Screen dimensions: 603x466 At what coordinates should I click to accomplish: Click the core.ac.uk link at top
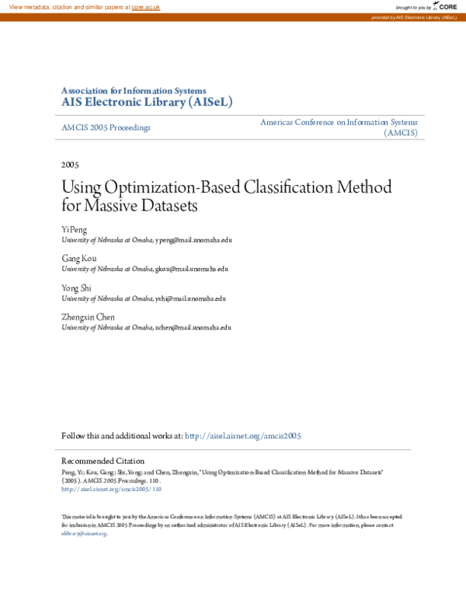click(145, 7)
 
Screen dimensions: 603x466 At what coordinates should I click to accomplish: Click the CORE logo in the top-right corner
click(445, 6)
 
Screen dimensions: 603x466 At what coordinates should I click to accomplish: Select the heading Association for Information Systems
click(134, 90)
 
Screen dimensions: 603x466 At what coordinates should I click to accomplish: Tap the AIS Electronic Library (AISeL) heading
click(146, 102)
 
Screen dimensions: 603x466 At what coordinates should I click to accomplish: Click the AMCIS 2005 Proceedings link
click(106, 127)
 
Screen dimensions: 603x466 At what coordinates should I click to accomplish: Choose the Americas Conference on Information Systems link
click(339, 123)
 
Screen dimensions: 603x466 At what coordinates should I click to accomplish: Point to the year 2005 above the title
click(70, 165)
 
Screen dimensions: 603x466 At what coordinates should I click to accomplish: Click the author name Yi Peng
click(75, 231)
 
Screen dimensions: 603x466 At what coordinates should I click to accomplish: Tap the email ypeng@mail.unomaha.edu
click(193, 240)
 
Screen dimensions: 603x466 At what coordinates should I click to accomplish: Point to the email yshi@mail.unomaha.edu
click(190, 298)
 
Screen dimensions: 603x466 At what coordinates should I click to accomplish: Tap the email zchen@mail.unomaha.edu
click(193, 327)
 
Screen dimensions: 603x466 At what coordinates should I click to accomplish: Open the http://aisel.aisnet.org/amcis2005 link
click(242, 437)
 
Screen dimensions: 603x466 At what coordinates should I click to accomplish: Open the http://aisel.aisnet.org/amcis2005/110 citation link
click(111, 490)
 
